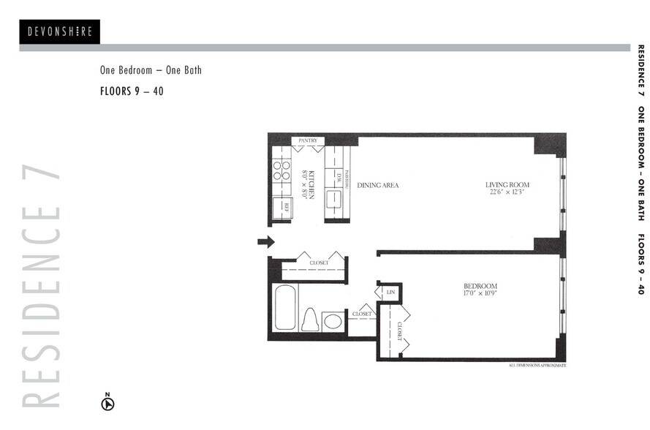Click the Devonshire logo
point(59,31)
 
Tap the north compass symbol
point(107,402)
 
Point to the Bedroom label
point(480,286)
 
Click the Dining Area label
point(378,186)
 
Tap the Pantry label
point(307,140)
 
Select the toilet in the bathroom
point(310,320)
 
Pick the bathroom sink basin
point(333,321)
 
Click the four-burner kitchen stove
point(281,170)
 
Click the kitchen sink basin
point(334,200)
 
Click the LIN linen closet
point(390,293)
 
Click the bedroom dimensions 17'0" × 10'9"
point(480,294)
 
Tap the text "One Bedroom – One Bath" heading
point(151,71)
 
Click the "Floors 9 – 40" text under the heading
point(132,92)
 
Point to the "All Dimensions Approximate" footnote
point(537,364)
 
